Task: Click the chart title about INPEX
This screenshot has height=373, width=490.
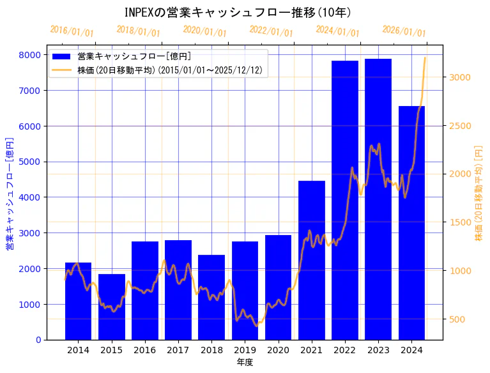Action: (237, 12)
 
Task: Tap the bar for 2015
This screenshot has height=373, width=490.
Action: (112, 307)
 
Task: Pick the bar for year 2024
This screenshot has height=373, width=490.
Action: (411, 223)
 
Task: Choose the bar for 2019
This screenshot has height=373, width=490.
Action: (245, 291)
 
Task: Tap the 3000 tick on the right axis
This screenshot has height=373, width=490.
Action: (461, 77)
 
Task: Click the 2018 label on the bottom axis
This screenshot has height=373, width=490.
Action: (211, 350)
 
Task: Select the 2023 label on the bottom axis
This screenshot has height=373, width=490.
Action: (378, 350)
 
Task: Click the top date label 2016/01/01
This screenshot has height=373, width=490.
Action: (72, 31)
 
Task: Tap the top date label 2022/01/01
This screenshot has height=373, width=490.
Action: (271, 31)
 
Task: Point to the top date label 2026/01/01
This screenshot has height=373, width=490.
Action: (404, 31)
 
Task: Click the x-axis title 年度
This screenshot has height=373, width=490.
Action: (245, 362)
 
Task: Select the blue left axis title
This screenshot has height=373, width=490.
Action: (10, 193)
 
